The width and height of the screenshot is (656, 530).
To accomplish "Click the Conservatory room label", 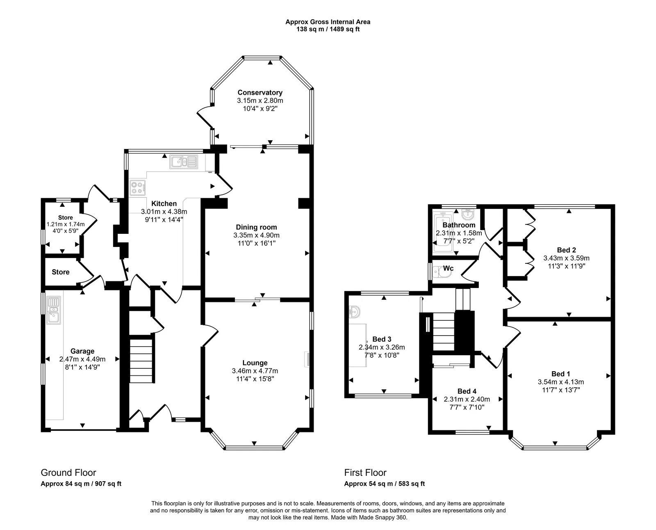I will (x=260, y=93).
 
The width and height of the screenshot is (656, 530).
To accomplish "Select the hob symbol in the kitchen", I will (x=138, y=188).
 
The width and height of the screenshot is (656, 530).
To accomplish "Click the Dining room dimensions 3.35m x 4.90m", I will (x=256, y=235).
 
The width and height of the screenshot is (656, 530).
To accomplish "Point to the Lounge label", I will (x=255, y=363).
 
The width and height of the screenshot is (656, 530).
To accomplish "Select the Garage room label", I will (x=82, y=351).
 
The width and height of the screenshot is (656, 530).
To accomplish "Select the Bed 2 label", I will (x=566, y=250).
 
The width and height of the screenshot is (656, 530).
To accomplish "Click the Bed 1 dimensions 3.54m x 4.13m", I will (x=560, y=382).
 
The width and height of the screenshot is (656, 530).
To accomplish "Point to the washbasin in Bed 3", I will (x=355, y=313).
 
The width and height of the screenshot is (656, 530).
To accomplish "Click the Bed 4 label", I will (x=467, y=391).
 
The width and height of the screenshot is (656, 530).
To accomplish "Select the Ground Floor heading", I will (x=68, y=473).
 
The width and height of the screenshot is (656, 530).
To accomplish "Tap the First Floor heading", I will (x=365, y=473).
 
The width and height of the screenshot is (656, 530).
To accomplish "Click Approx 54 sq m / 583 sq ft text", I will (x=384, y=484).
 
